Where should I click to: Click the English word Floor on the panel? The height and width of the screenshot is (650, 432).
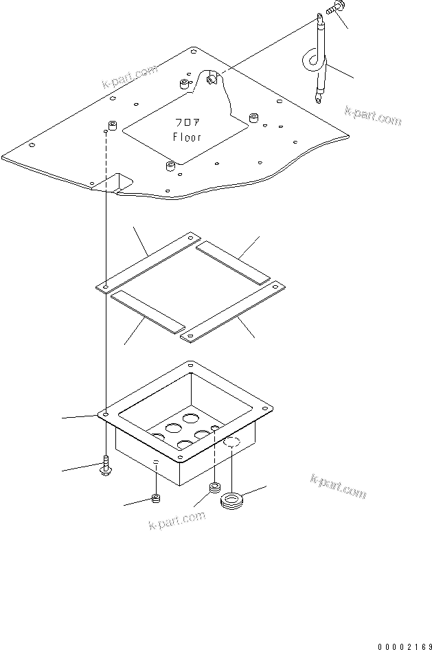coord(187,137)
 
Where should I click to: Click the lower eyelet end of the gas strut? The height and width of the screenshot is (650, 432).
coord(318,99)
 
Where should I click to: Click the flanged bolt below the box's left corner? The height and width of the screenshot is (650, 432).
coord(104,467)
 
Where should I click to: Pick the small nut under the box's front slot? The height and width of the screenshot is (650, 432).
coord(157,497)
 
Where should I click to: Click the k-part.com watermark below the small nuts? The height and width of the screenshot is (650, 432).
coord(177,521)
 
